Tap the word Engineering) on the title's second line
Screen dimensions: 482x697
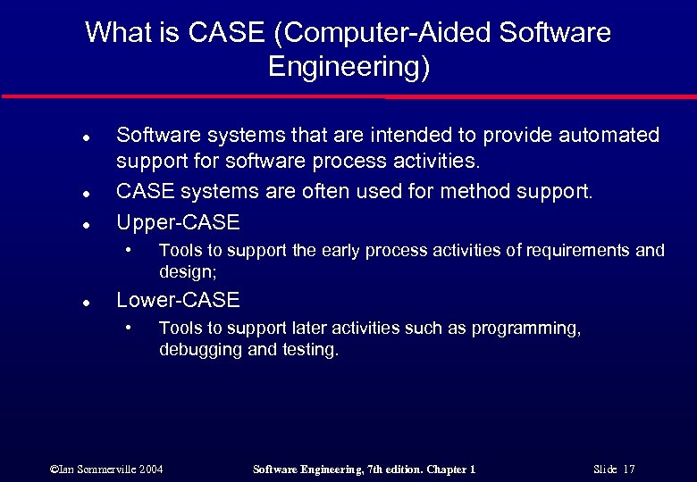348,67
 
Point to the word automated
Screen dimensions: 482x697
609,135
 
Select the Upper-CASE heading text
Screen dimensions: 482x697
179,220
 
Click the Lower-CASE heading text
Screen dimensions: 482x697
179,300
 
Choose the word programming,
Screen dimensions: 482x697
525,328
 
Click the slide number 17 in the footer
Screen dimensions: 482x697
629,469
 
